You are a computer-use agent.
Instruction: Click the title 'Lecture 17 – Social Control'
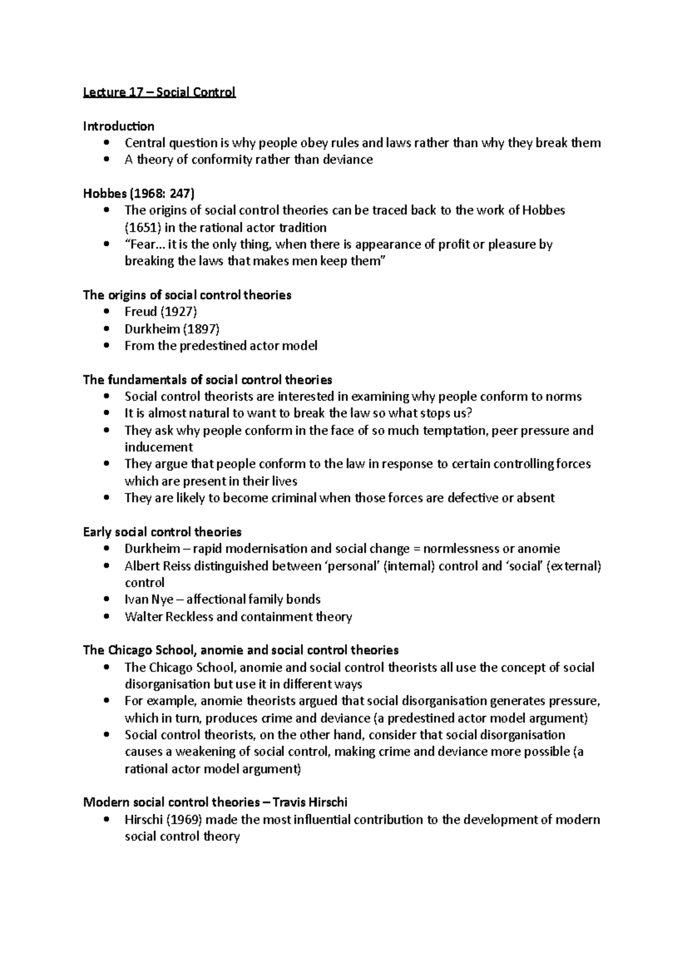pyautogui.click(x=159, y=92)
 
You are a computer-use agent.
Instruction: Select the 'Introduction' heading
pyautogui.click(x=119, y=126)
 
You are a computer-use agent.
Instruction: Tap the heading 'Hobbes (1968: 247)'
pyautogui.click(x=139, y=193)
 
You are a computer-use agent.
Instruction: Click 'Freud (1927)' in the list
pyautogui.click(x=161, y=312)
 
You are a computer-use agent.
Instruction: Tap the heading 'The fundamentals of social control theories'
pyautogui.click(x=207, y=380)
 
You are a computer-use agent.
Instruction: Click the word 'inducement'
pyautogui.click(x=159, y=447)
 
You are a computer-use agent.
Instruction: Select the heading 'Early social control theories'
pyautogui.click(x=162, y=532)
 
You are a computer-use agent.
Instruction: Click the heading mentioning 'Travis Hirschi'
pyautogui.click(x=215, y=802)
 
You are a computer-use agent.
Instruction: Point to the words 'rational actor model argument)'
pyautogui.click(x=212, y=769)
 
